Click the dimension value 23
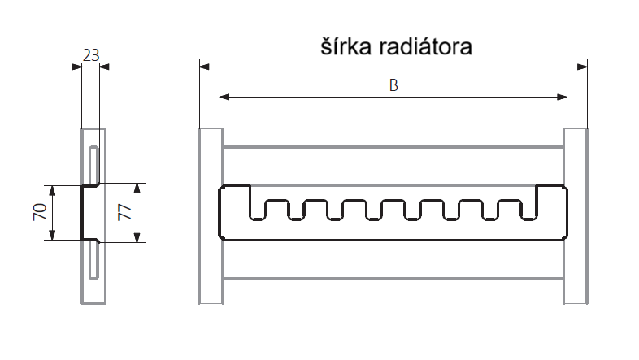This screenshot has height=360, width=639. click(91, 55)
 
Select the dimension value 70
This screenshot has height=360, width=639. click(38, 213)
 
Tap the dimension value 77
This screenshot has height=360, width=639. click(124, 213)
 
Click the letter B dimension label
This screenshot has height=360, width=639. click(393, 86)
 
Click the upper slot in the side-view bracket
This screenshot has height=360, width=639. click(94, 166)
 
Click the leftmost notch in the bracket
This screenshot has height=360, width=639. click(259, 208)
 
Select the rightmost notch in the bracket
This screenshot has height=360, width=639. click(530, 208)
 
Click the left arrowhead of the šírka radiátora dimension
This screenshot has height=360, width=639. click(204, 66)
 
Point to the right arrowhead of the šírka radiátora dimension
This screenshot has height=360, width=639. click(583, 66)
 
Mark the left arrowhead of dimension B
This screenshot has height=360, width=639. click(224, 98)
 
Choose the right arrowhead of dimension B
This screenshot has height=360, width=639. click(563, 98)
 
